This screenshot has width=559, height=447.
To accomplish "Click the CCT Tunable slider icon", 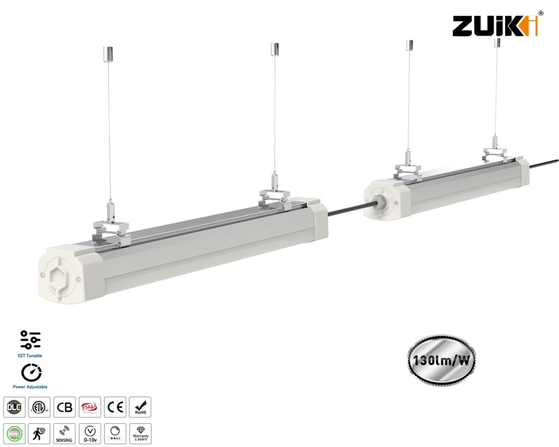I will (31, 339).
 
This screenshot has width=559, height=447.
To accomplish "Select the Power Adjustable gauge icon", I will (31, 372).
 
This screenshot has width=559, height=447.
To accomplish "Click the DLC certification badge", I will (13, 407).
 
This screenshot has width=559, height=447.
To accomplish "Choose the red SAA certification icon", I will (89, 407).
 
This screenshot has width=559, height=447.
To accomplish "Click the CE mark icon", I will (114, 407).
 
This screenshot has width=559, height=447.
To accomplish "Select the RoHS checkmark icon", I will (140, 407).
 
